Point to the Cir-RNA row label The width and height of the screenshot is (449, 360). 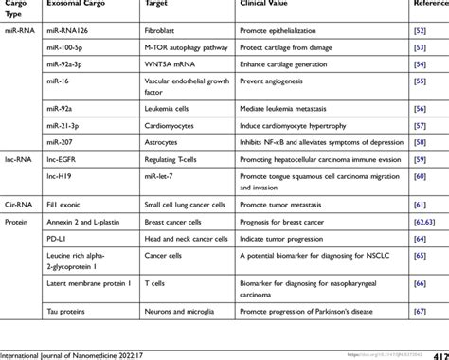click(x=21, y=204)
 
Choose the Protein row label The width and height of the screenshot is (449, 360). click(x=19, y=221)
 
